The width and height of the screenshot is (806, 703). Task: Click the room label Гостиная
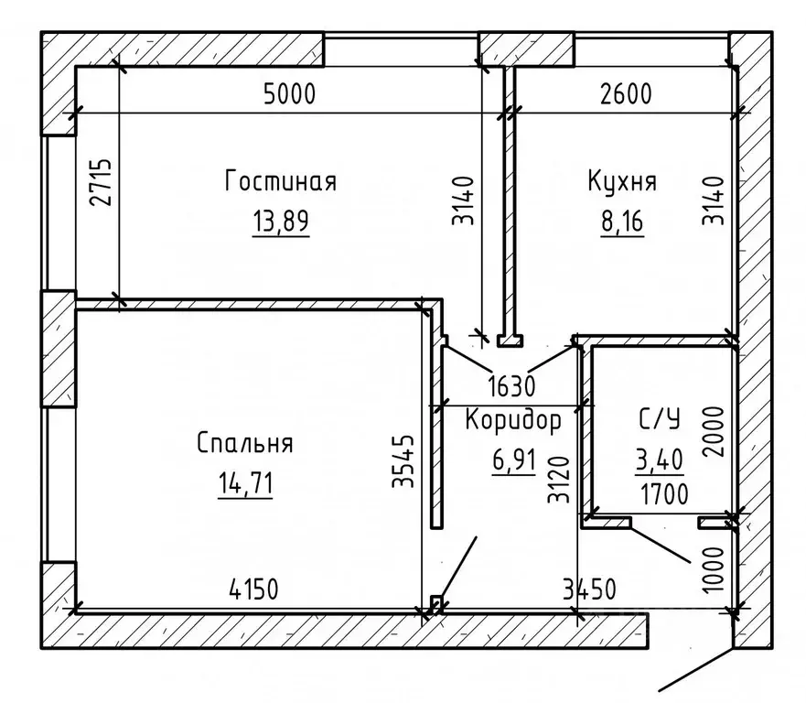pos(280,181)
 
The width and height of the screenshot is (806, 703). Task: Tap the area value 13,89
pos(280,222)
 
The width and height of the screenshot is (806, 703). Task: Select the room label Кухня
pos(622,181)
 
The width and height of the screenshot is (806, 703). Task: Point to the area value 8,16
pos(622,222)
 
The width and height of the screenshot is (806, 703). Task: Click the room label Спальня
pos(244,443)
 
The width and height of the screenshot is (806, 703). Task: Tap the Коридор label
pos(512,420)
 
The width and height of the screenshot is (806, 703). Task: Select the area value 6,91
pos(512,460)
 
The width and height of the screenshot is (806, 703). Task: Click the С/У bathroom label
pos(659,420)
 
